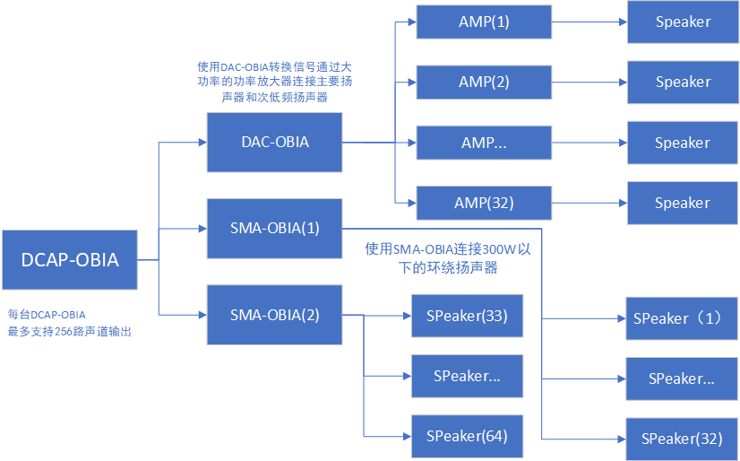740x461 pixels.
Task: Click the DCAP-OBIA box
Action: (69, 260)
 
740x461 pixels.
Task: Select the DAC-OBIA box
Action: (274, 143)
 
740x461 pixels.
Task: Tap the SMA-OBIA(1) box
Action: (274, 228)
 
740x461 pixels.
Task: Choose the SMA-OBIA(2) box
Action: (274, 315)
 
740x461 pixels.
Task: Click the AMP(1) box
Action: (483, 22)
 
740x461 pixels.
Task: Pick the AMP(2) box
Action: (483, 82)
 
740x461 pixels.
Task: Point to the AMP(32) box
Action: (483, 203)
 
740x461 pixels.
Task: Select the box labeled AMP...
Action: (483, 143)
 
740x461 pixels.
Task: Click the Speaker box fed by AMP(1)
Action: (682, 22)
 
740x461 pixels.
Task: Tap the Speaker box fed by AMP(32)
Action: (682, 203)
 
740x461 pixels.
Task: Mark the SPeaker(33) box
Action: (466, 316)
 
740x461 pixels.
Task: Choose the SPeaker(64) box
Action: (466, 437)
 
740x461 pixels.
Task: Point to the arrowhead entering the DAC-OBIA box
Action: (202, 142)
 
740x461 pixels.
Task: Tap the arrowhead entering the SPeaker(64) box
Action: (407, 437)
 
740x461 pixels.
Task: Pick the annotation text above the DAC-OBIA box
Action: (274, 82)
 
